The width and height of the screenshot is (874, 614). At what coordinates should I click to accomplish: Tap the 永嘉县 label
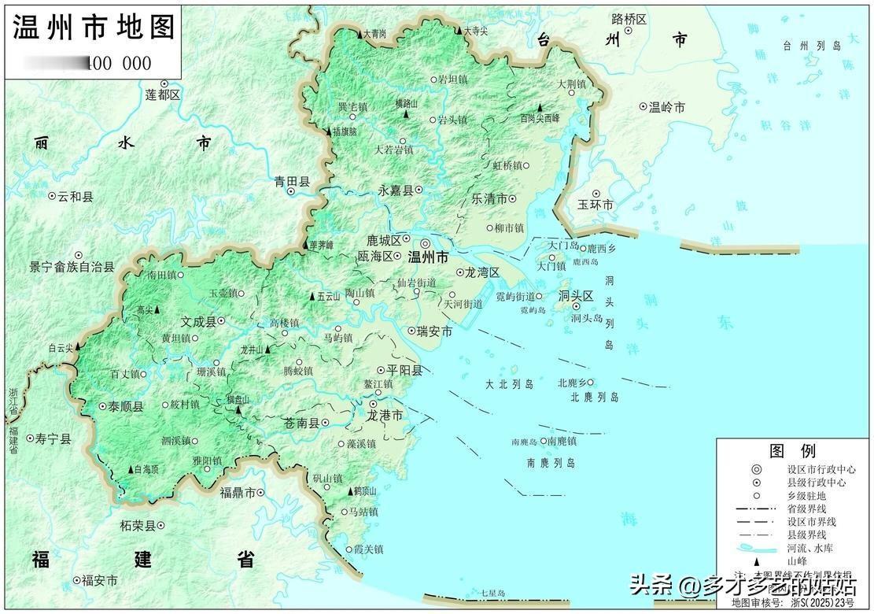(x=395, y=190)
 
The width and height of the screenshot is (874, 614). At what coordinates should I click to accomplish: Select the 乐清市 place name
(x=489, y=199)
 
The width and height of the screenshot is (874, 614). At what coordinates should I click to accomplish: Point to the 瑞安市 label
(x=435, y=332)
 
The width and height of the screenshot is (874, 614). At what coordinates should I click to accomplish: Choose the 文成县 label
(x=197, y=321)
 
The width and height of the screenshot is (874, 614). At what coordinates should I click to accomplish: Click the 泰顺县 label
(x=126, y=407)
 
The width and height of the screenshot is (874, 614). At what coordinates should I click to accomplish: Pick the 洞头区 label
(x=575, y=297)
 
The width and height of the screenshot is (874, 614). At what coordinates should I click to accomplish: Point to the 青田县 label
(x=292, y=182)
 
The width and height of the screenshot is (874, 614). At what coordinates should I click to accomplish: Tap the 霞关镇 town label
(x=367, y=549)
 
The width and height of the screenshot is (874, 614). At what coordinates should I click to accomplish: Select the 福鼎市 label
(x=238, y=493)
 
